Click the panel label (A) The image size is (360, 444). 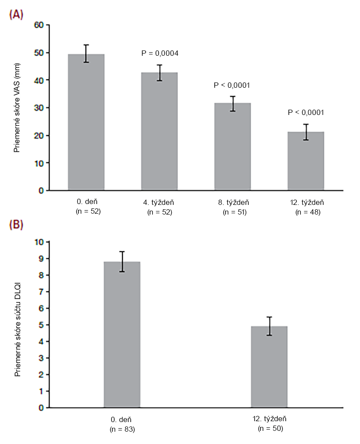pyautogui.click(x=17, y=14)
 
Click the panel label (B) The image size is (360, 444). pyautogui.click(x=17, y=224)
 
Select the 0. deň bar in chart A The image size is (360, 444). pyautogui.click(x=86, y=122)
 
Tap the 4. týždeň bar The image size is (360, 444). pyautogui.click(x=159, y=131)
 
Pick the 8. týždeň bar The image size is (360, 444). pyautogui.click(x=232, y=147)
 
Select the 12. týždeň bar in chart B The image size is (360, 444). pyautogui.click(x=269, y=367)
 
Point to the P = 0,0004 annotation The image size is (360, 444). pyautogui.click(x=160, y=53)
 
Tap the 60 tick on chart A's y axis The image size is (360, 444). pyautogui.click(x=39, y=25)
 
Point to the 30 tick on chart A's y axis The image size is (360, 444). pyautogui.click(x=39, y=107)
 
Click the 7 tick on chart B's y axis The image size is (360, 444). pyautogui.click(x=41, y=292)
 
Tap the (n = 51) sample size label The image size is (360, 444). pyautogui.click(x=232, y=212)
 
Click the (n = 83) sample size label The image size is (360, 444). pyautogui.click(x=122, y=429)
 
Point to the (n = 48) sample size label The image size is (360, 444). pyautogui.click(x=306, y=212)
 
